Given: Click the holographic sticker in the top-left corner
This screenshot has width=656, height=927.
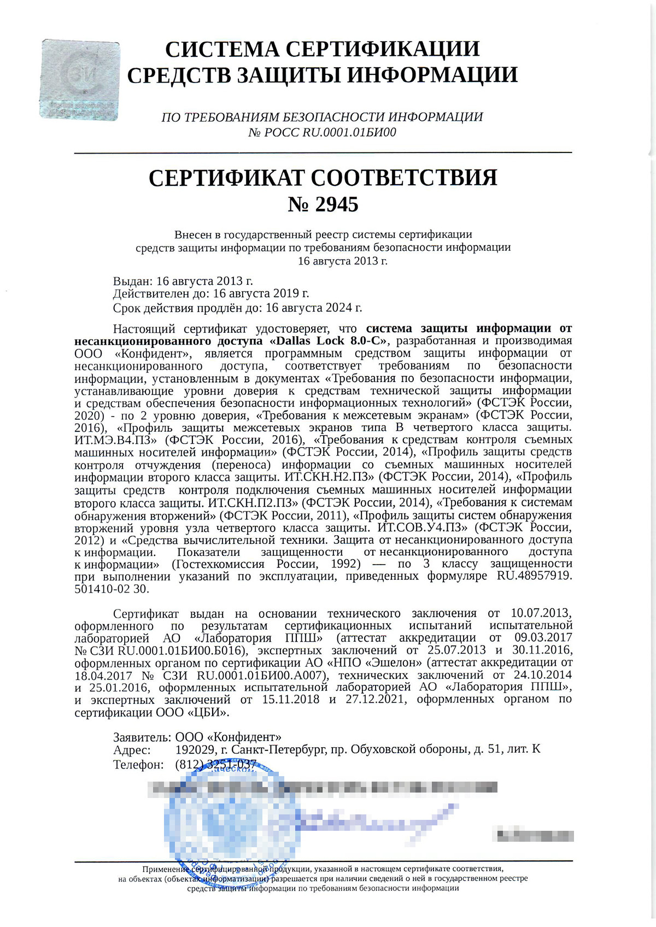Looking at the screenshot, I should tap(79, 80).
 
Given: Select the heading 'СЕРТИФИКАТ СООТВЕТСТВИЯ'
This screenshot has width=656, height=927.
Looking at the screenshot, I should tap(323, 178).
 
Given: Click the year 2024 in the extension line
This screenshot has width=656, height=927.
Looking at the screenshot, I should tap(337, 308).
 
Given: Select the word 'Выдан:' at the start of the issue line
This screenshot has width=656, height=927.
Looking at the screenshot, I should tap(133, 281).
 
